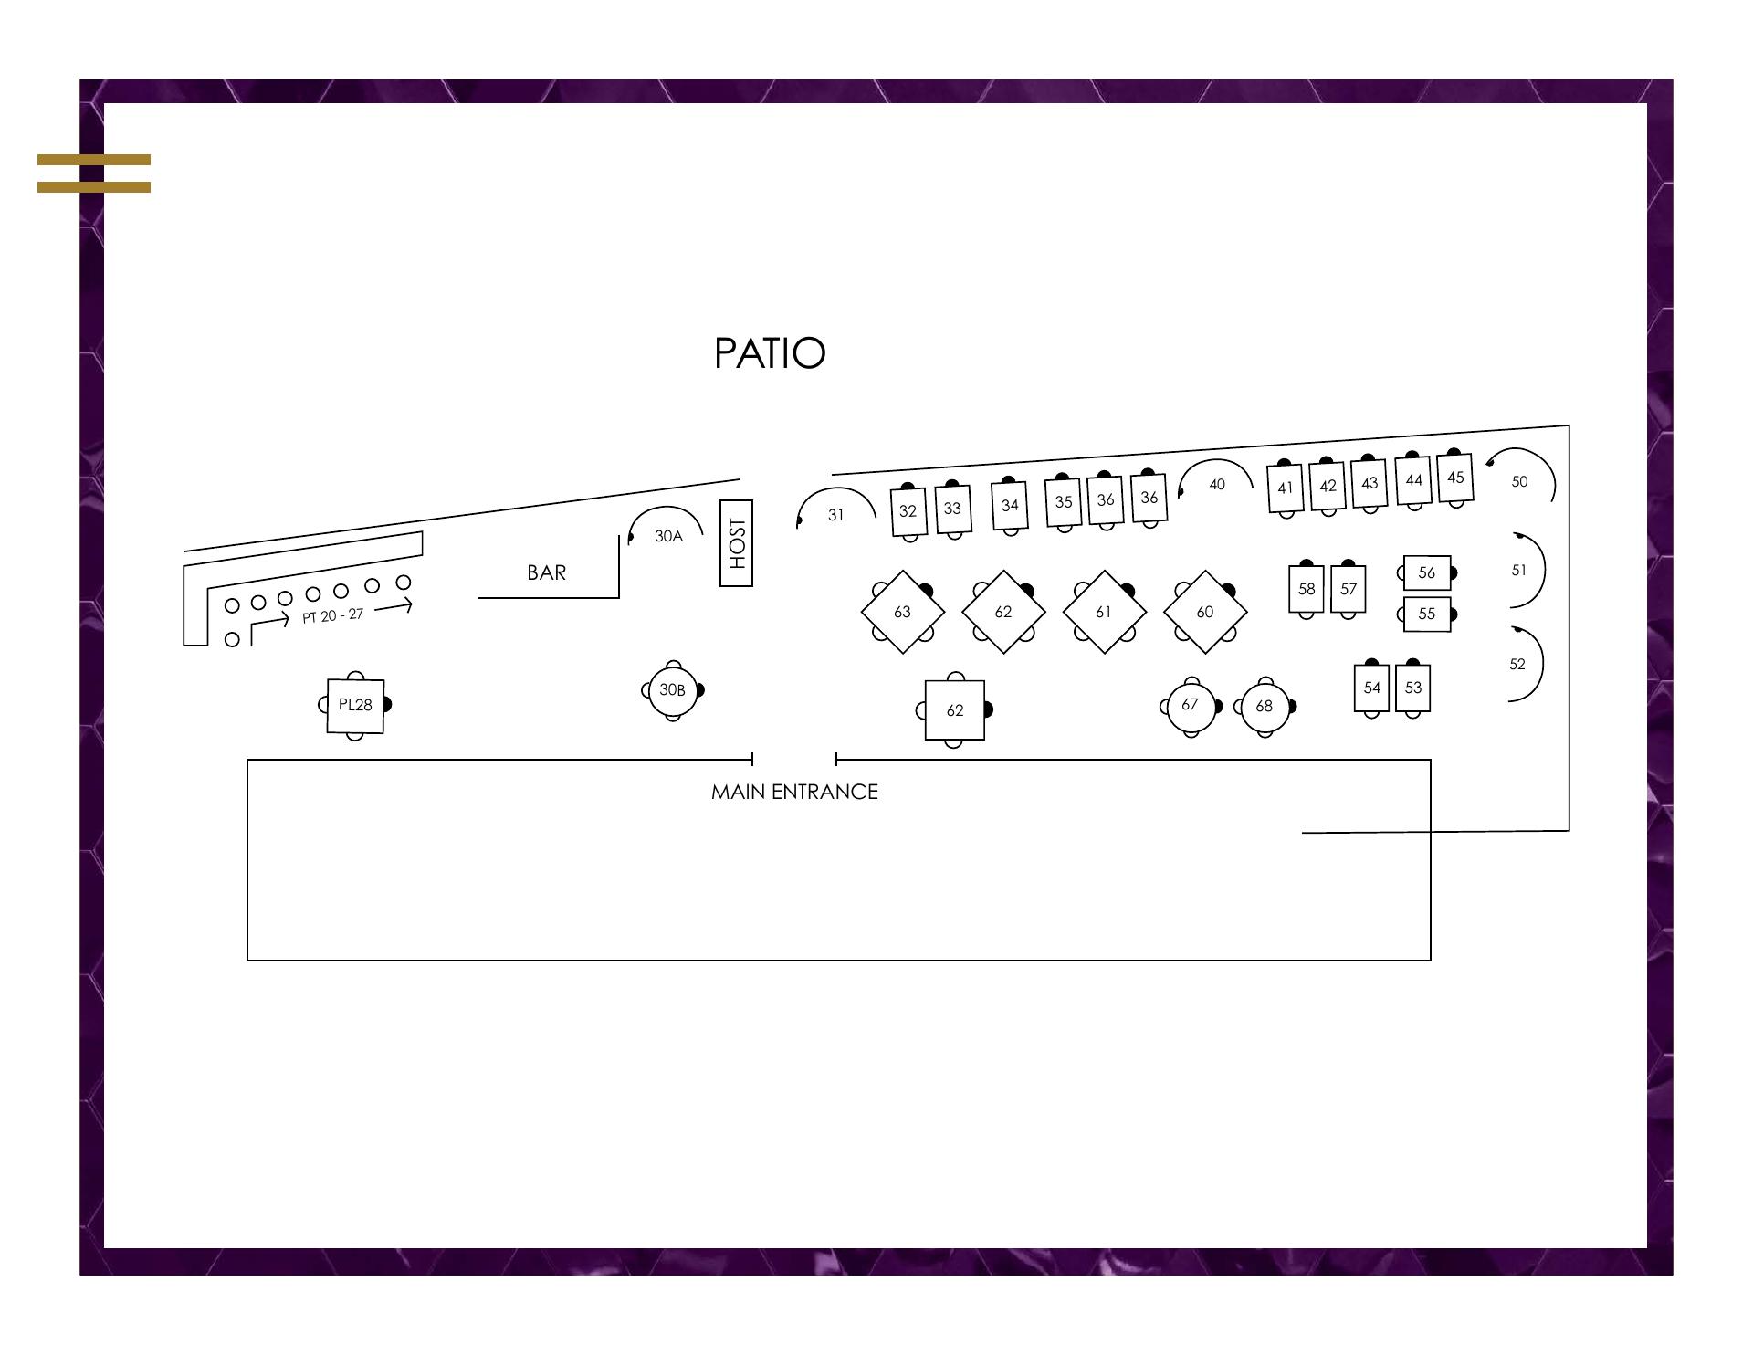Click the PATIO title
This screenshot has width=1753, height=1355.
(770, 353)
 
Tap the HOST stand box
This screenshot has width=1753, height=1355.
(736, 543)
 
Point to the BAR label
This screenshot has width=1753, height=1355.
(546, 572)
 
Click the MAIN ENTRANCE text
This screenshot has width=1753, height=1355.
(794, 792)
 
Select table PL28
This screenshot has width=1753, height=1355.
(355, 705)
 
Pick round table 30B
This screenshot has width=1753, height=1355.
(673, 690)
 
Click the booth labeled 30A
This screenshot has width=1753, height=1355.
(667, 535)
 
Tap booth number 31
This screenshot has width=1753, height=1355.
(835, 514)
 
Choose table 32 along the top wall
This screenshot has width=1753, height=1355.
(908, 511)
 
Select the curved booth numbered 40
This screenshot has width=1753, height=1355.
(1216, 484)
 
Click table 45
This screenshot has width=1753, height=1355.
(1455, 478)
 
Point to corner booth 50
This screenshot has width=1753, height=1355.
(1519, 481)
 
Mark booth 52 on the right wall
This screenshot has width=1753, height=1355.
(1517, 665)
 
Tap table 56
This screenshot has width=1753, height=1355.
(1426, 572)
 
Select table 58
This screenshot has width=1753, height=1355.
(1307, 589)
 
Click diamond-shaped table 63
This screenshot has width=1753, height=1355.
(902, 612)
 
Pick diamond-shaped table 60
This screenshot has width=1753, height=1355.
(1205, 612)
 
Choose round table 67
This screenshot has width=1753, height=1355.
(1190, 705)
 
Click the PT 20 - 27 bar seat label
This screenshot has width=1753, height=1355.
(332, 615)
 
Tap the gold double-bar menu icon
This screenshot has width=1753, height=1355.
(94, 173)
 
